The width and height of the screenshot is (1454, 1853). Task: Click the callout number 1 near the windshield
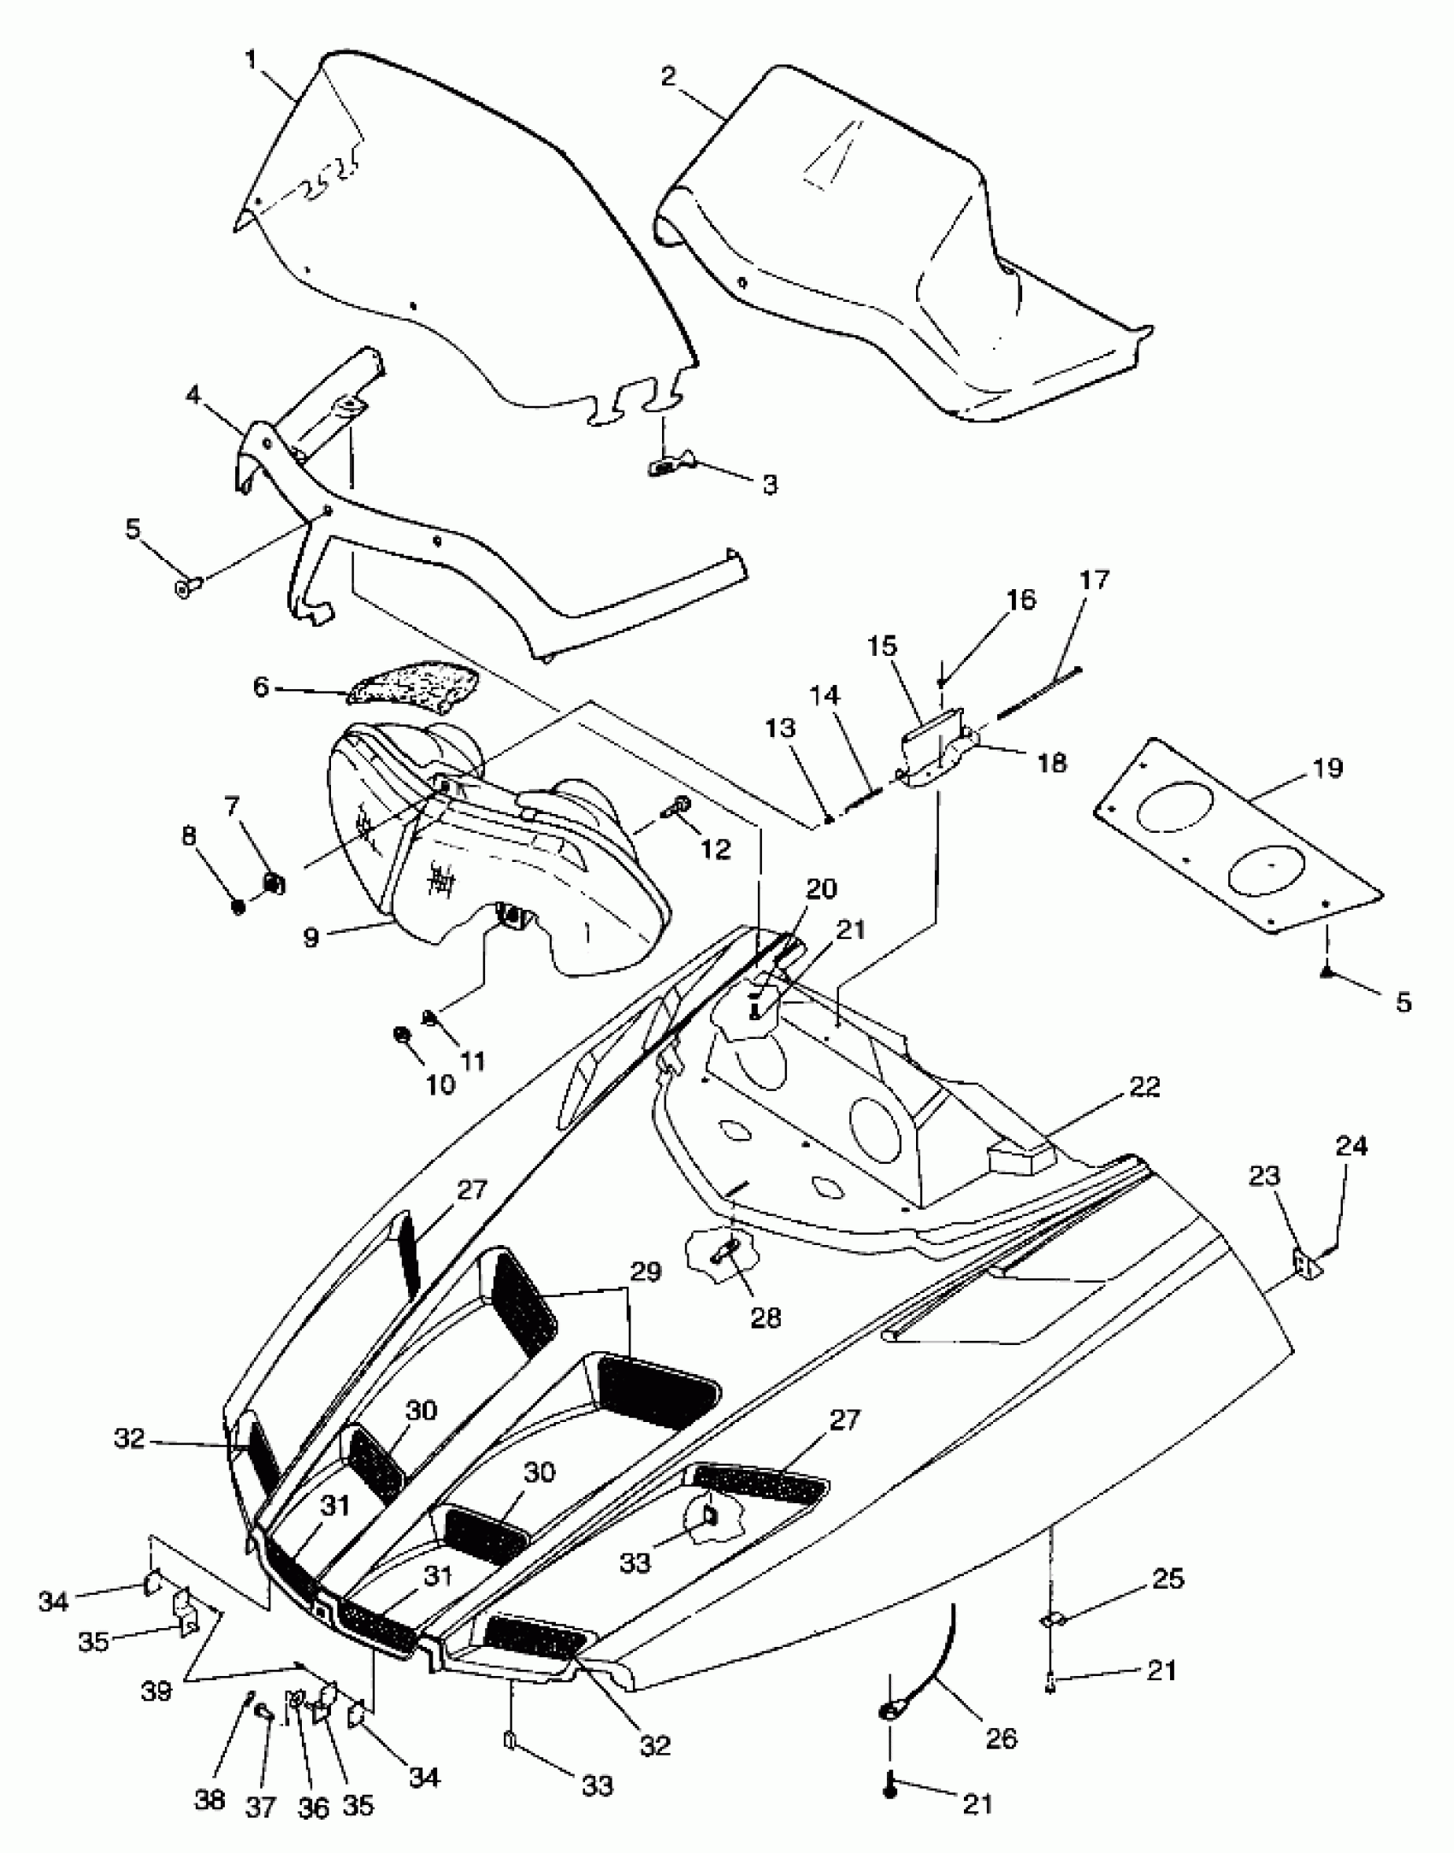pyautogui.click(x=251, y=59)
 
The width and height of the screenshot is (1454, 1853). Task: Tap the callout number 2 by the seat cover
pyautogui.click(x=668, y=76)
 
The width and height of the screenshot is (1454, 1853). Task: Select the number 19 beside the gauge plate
pyautogui.click(x=1327, y=769)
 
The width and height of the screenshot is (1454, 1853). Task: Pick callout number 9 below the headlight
pyautogui.click(x=311, y=938)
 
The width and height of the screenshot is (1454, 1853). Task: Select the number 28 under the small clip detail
pyautogui.click(x=765, y=1318)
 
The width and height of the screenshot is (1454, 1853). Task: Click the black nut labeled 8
pyautogui.click(x=239, y=907)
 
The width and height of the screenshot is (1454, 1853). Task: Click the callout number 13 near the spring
pyautogui.click(x=781, y=729)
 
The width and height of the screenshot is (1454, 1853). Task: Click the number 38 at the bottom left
pyautogui.click(x=210, y=1798)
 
